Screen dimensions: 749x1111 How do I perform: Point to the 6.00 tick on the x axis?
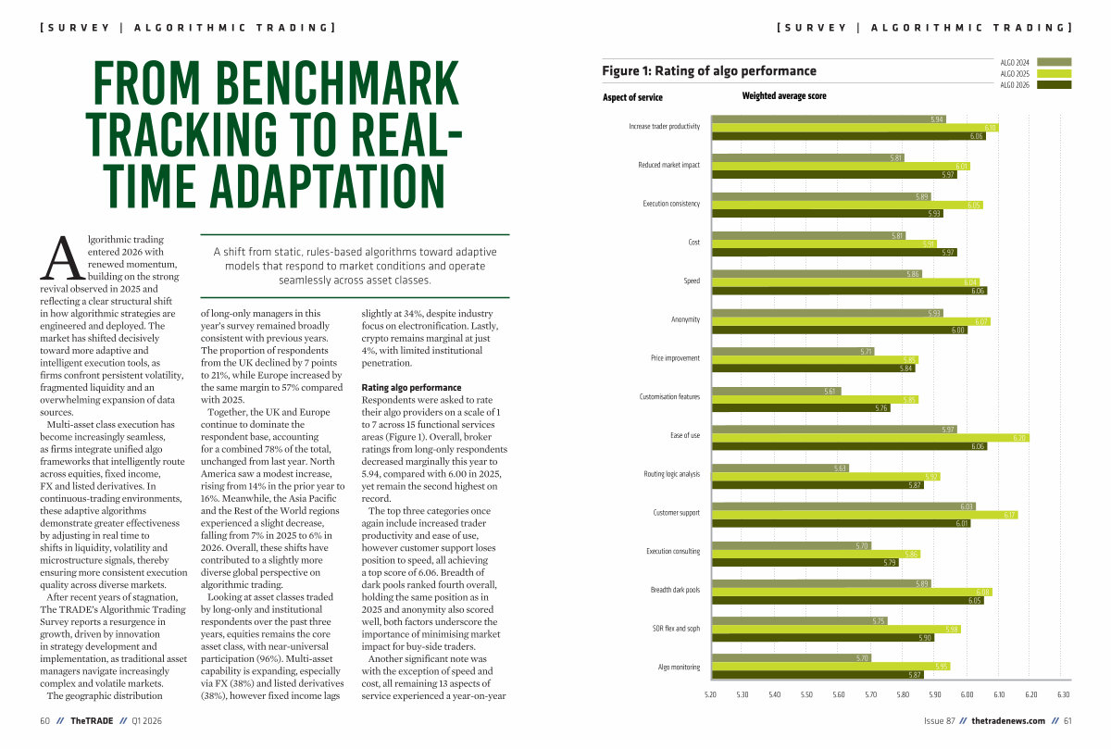967,694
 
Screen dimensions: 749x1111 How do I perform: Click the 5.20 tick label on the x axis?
710,694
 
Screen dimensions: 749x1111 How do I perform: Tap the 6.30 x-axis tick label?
1063,694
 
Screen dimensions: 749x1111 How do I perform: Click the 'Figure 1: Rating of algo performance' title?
709,71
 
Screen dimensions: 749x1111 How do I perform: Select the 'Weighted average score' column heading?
784,96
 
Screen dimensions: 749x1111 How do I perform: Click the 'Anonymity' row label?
685,319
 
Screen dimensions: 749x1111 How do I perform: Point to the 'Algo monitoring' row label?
679,667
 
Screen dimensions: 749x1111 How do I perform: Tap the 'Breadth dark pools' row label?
675,590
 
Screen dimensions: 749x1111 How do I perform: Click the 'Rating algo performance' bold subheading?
411,387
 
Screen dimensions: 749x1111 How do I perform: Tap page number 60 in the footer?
44,721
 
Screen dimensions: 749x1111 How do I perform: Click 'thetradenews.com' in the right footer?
1008,721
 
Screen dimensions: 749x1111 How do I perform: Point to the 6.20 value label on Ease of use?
1019,438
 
